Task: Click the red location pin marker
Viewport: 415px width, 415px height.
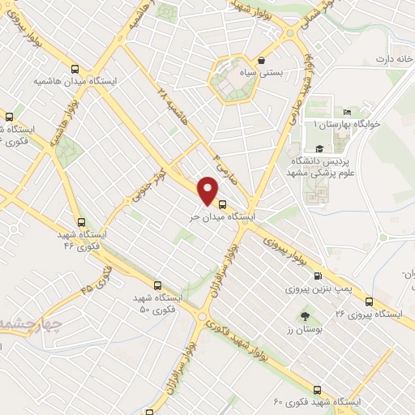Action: pos(208,190)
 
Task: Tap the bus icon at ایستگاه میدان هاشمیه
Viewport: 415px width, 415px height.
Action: pos(75,70)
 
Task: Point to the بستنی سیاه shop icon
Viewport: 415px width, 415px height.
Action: pos(260,61)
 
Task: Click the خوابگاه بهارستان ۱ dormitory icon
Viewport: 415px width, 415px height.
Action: pos(348,112)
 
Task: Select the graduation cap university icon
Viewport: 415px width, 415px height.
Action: pos(319,148)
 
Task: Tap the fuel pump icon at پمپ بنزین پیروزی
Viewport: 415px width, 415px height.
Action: pos(317,276)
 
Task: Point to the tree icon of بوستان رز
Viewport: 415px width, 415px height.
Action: pos(305,317)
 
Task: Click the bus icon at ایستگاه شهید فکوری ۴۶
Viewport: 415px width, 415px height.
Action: pos(80,221)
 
